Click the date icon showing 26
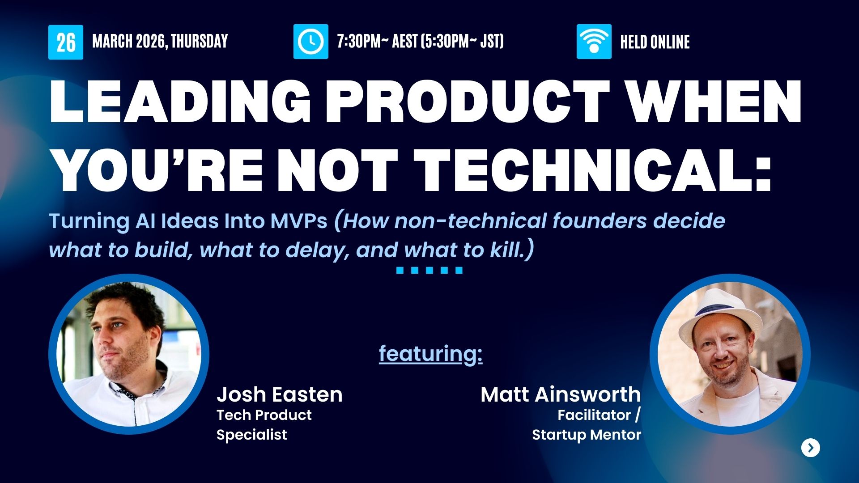click(66, 42)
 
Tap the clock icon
click(311, 42)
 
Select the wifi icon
click(594, 42)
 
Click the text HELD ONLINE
click(655, 42)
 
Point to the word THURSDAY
click(200, 42)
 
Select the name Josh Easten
click(280, 394)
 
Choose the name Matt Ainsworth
click(561, 394)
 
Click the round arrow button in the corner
click(811, 448)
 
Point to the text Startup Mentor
click(587, 435)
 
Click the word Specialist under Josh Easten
click(252, 435)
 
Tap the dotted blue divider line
click(429, 270)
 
